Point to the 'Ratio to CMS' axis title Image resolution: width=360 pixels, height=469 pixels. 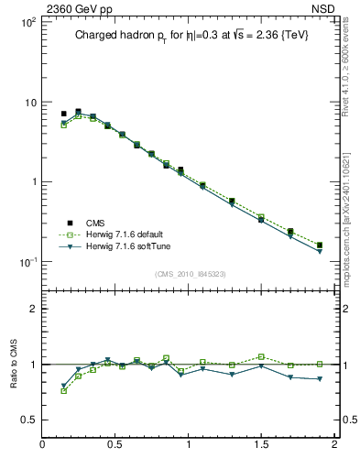click(16, 365)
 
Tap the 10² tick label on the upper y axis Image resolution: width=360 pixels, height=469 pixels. click(27, 22)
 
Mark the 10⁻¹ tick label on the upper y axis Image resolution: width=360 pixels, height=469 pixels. click(27, 262)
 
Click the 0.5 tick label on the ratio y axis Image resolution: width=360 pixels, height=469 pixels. click(27, 420)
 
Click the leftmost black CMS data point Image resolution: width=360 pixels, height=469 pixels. click(63, 114)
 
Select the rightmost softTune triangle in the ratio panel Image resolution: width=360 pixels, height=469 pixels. click(320, 379)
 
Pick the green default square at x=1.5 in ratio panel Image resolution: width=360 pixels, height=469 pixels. click(261, 356)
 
